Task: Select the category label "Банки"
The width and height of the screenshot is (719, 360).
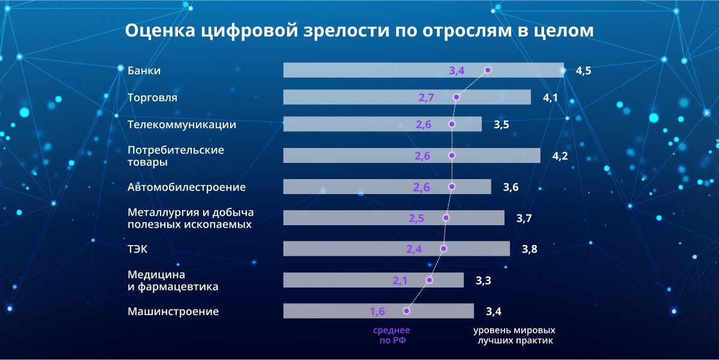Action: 144,71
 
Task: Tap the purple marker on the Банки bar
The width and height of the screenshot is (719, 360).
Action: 488,70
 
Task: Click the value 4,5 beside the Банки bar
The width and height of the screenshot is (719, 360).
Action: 584,71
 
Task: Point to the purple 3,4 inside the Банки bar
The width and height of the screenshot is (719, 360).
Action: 457,71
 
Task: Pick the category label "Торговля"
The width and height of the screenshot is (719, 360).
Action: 152,98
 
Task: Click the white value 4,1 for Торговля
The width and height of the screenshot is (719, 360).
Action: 551,98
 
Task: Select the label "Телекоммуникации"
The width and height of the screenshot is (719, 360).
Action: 182,125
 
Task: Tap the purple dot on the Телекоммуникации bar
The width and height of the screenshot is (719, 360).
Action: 452,124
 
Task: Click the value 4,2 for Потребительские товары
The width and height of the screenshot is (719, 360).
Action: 560,156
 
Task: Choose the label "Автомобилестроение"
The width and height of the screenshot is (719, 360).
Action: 186,187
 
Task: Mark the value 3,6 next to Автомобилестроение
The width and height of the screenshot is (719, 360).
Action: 510,187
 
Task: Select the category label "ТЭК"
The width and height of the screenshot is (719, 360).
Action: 138,250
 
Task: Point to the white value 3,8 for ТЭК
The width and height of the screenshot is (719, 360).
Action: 529,250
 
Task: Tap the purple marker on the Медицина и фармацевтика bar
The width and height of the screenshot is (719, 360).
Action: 430,280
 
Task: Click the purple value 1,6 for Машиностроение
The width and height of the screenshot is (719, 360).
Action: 377,311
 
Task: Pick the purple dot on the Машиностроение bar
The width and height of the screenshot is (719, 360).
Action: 407,311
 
